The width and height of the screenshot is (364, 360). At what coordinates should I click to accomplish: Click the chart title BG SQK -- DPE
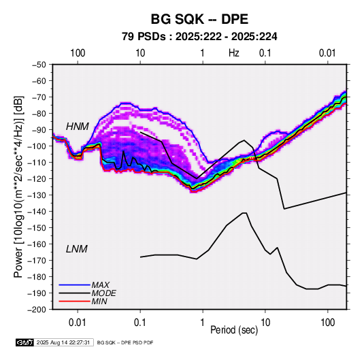click(x=199, y=19)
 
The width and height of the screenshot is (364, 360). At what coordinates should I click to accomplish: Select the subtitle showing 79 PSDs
click(x=199, y=37)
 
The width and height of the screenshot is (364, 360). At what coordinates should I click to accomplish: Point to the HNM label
click(x=78, y=127)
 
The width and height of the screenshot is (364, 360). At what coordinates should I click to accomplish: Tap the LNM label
click(x=77, y=249)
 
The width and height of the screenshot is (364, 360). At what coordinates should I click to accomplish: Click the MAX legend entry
click(x=100, y=285)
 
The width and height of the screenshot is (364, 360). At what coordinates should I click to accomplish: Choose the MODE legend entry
click(x=104, y=293)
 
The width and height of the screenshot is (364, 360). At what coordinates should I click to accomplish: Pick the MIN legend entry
click(x=99, y=301)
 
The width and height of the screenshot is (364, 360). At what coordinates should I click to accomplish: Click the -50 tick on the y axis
click(x=39, y=65)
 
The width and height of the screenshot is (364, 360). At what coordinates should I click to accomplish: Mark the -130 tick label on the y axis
click(x=37, y=195)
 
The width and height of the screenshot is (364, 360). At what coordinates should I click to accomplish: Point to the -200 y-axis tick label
click(x=37, y=310)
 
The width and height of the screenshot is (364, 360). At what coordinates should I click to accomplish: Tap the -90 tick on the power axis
click(x=39, y=129)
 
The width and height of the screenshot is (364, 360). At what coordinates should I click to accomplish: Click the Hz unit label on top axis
click(x=234, y=53)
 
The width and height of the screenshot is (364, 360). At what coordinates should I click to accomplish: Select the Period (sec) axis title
click(x=234, y=330)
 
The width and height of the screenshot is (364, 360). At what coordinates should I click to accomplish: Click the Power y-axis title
click(x=19, y=186)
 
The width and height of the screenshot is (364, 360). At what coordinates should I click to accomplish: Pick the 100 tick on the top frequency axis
click(x=78, y=53)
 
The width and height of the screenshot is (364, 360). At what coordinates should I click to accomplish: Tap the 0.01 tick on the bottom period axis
click(x=78, y=323)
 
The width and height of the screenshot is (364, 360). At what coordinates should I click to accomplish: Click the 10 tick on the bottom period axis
click(x=265, y=323)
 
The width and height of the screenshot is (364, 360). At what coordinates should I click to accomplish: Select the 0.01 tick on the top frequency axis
click(x=327, y=53)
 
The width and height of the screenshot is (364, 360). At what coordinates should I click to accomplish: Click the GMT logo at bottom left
click(x=25, y=342)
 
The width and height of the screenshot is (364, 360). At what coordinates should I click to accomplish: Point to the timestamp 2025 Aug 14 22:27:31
click(x=63, y=342)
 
